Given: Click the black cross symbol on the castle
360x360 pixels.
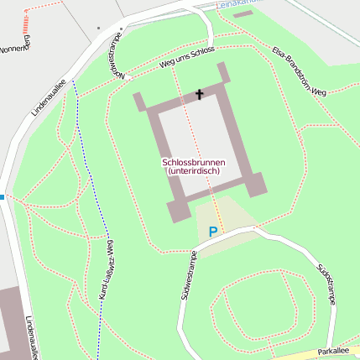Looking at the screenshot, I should click(200, 94).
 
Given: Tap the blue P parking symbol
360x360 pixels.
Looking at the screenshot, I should click(213, 231).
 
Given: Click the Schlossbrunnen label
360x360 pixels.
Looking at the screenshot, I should click(193, 162).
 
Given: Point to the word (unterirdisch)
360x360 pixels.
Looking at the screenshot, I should click(194, 171).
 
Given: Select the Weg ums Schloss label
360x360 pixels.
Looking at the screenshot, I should click(186, 59).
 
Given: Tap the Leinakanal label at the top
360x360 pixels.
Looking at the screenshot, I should click(237, 4).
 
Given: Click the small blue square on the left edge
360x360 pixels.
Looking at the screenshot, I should click(2, 197).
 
